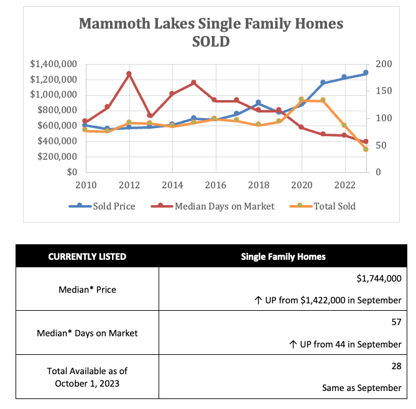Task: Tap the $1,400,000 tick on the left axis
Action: click(53, 64)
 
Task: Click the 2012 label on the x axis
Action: click(129, 184)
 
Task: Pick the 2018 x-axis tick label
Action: click(258, 184)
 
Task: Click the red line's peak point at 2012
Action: click(129, 74)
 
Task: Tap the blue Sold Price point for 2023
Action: click(366, 73)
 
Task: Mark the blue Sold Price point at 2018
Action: click(258, 103)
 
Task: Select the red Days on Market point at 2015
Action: click(193, 83)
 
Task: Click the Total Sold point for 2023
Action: click(366, 150)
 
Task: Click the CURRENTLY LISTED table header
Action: click(87, 256)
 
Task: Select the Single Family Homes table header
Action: click(283, 256)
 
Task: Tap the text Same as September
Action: click(361, 387)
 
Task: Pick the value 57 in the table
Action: click(395, 323)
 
